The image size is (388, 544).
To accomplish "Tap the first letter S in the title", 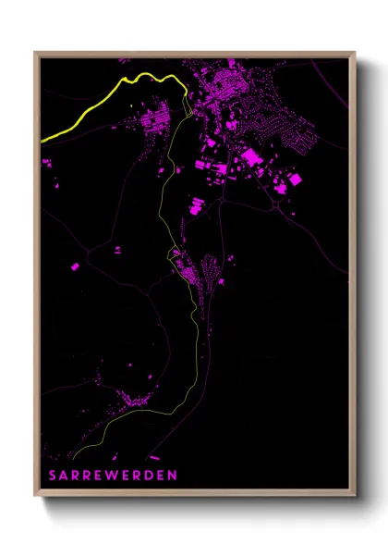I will pos(52,475).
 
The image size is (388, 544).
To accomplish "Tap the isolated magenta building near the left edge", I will pos(76,266).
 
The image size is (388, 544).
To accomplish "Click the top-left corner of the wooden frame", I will pos(35,53).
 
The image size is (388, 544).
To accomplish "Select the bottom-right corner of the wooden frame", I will pos(356,498).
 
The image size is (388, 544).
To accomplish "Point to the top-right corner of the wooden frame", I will pos(356,53).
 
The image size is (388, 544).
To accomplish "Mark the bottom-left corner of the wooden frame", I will pos(35,498).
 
